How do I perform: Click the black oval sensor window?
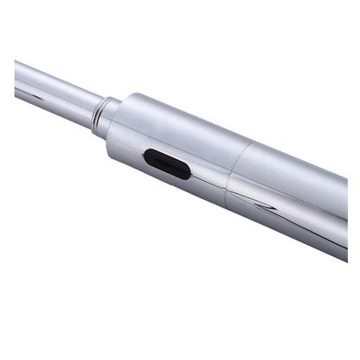167,164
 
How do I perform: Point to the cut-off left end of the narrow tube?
17,76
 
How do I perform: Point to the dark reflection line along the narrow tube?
52,96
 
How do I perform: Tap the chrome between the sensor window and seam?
208,173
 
